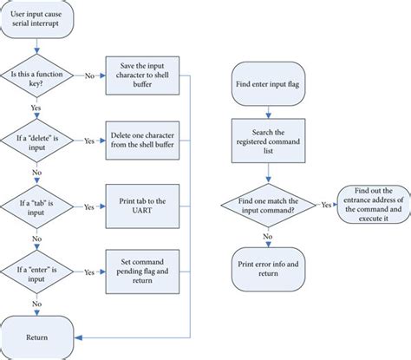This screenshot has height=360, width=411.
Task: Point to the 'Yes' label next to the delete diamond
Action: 89,139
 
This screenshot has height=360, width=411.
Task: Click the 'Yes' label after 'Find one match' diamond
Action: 325,205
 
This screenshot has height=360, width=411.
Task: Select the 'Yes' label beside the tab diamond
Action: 89,207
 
